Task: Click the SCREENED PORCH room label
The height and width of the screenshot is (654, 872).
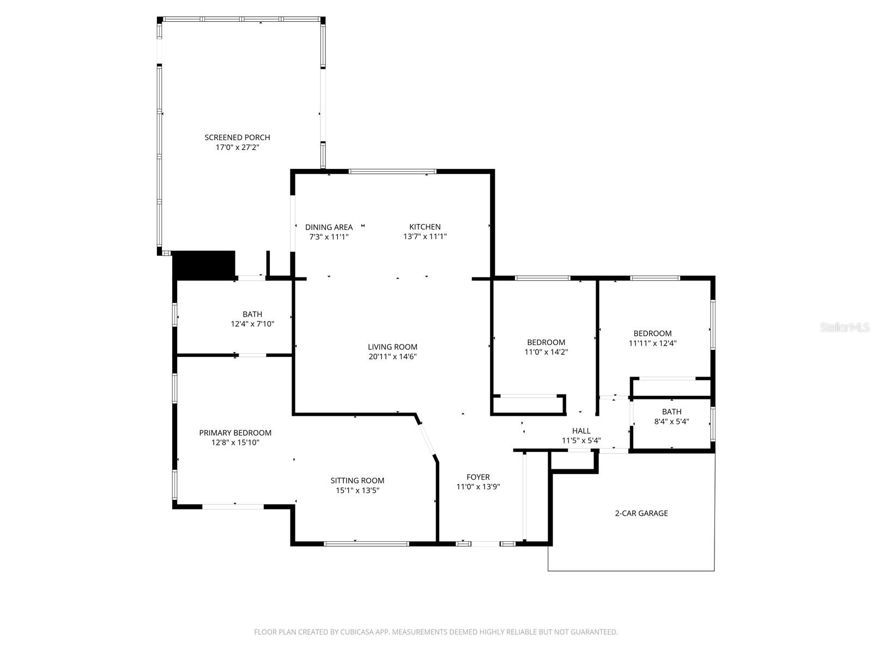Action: tap(237, 137)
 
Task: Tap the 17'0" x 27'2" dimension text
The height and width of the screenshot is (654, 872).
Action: tap(237, 147)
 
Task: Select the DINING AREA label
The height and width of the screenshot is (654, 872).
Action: tap(329, 227)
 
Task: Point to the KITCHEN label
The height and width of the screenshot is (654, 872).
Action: tap(425, 227)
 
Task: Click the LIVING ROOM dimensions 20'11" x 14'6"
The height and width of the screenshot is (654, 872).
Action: tap(392, 357)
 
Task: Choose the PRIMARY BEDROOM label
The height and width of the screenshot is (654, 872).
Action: tap(235, 433)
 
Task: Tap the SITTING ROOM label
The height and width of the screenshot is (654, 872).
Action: tap(357, 480)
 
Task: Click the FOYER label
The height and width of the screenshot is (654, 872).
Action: tap(478, 477)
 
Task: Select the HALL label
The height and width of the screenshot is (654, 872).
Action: tap(581, 431)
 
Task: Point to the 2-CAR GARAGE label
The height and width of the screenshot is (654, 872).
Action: tap(641, 513)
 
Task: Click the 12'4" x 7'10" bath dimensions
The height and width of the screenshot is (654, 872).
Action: tap(252, 324)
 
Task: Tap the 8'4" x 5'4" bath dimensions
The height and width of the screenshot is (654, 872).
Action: tap(671, 421)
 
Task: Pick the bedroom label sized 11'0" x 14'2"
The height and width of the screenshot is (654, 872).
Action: tap(546, 342)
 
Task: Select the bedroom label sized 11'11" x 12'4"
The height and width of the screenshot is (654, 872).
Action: tap(652, 334)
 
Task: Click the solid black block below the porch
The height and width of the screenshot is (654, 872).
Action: tap(203, 265)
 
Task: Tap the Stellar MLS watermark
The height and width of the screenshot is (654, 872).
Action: tap(845, 328)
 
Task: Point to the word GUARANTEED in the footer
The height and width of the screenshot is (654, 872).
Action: tap(596, 632)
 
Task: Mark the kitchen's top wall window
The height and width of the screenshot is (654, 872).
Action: tap(392, 172)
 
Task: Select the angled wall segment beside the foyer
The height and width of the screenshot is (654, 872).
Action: tap(427, 438)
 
